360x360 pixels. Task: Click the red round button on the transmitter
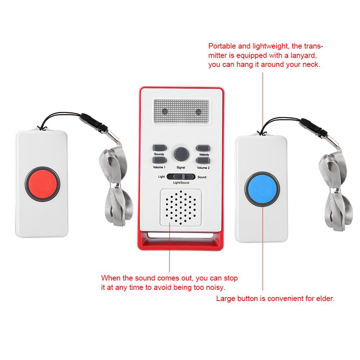click(42, 184)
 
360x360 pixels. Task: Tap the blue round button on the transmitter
click(262, 189)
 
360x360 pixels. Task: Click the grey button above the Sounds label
click(160, 147)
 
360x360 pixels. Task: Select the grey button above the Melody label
click(203, 148)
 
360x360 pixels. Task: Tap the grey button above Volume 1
click(160, 160)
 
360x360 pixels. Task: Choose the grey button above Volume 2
click(203, 160)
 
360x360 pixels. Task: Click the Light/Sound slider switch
click(181, 177)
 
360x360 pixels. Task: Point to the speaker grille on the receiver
click(181, 207)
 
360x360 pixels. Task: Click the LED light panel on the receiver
click(181, 111)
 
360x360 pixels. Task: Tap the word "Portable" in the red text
click(222, 46)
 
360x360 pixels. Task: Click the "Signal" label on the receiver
click(181, 168)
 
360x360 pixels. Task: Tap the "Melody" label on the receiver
click(204, 155)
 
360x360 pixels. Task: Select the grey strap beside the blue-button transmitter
click(336, 190)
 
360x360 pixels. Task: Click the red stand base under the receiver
click(181, 241)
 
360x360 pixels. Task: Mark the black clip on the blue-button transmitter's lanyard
click(313, 127)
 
